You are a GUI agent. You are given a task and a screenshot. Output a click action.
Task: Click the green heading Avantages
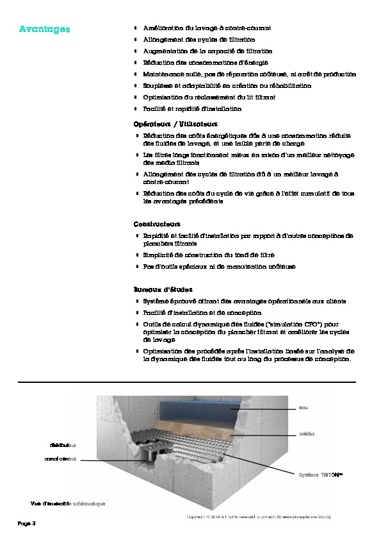(x=44, y=30)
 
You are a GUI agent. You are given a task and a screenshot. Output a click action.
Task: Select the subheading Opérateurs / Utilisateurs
(x=175, y=123)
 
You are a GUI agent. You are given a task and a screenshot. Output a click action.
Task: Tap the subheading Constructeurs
(x=157, y=224)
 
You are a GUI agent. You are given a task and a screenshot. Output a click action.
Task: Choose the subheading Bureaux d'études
(x=163, y=289)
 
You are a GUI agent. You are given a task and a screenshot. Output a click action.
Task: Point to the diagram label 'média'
(x=306, y=434)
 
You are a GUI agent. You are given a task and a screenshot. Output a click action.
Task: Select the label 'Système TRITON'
(x=320, y=475)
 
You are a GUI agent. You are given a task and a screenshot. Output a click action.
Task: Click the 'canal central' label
(x=60, y=459)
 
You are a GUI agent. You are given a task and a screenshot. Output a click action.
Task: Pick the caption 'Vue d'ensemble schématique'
(x=68, y=503)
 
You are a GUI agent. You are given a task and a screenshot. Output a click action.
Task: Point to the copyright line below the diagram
(x=258, y=516)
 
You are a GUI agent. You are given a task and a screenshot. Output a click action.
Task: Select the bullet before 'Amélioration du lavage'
(x=136, y=28)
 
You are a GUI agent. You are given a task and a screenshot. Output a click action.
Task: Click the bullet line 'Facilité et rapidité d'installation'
(x=192, y=109)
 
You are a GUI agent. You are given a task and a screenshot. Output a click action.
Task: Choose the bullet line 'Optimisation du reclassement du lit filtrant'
(x=209, y=97)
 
